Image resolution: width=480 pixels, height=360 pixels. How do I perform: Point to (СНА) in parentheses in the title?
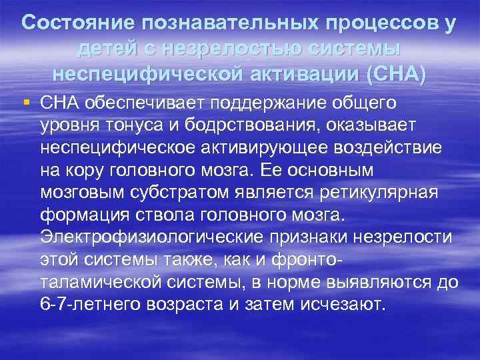coord(394,73)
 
